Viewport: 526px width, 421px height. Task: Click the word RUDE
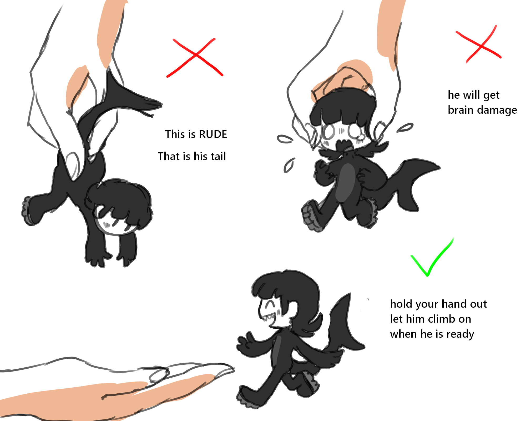click(213, 134)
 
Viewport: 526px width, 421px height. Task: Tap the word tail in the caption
click(217, 156)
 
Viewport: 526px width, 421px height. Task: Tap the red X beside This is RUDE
click(195, 58)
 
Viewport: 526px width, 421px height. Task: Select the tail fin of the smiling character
click(345, 324)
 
